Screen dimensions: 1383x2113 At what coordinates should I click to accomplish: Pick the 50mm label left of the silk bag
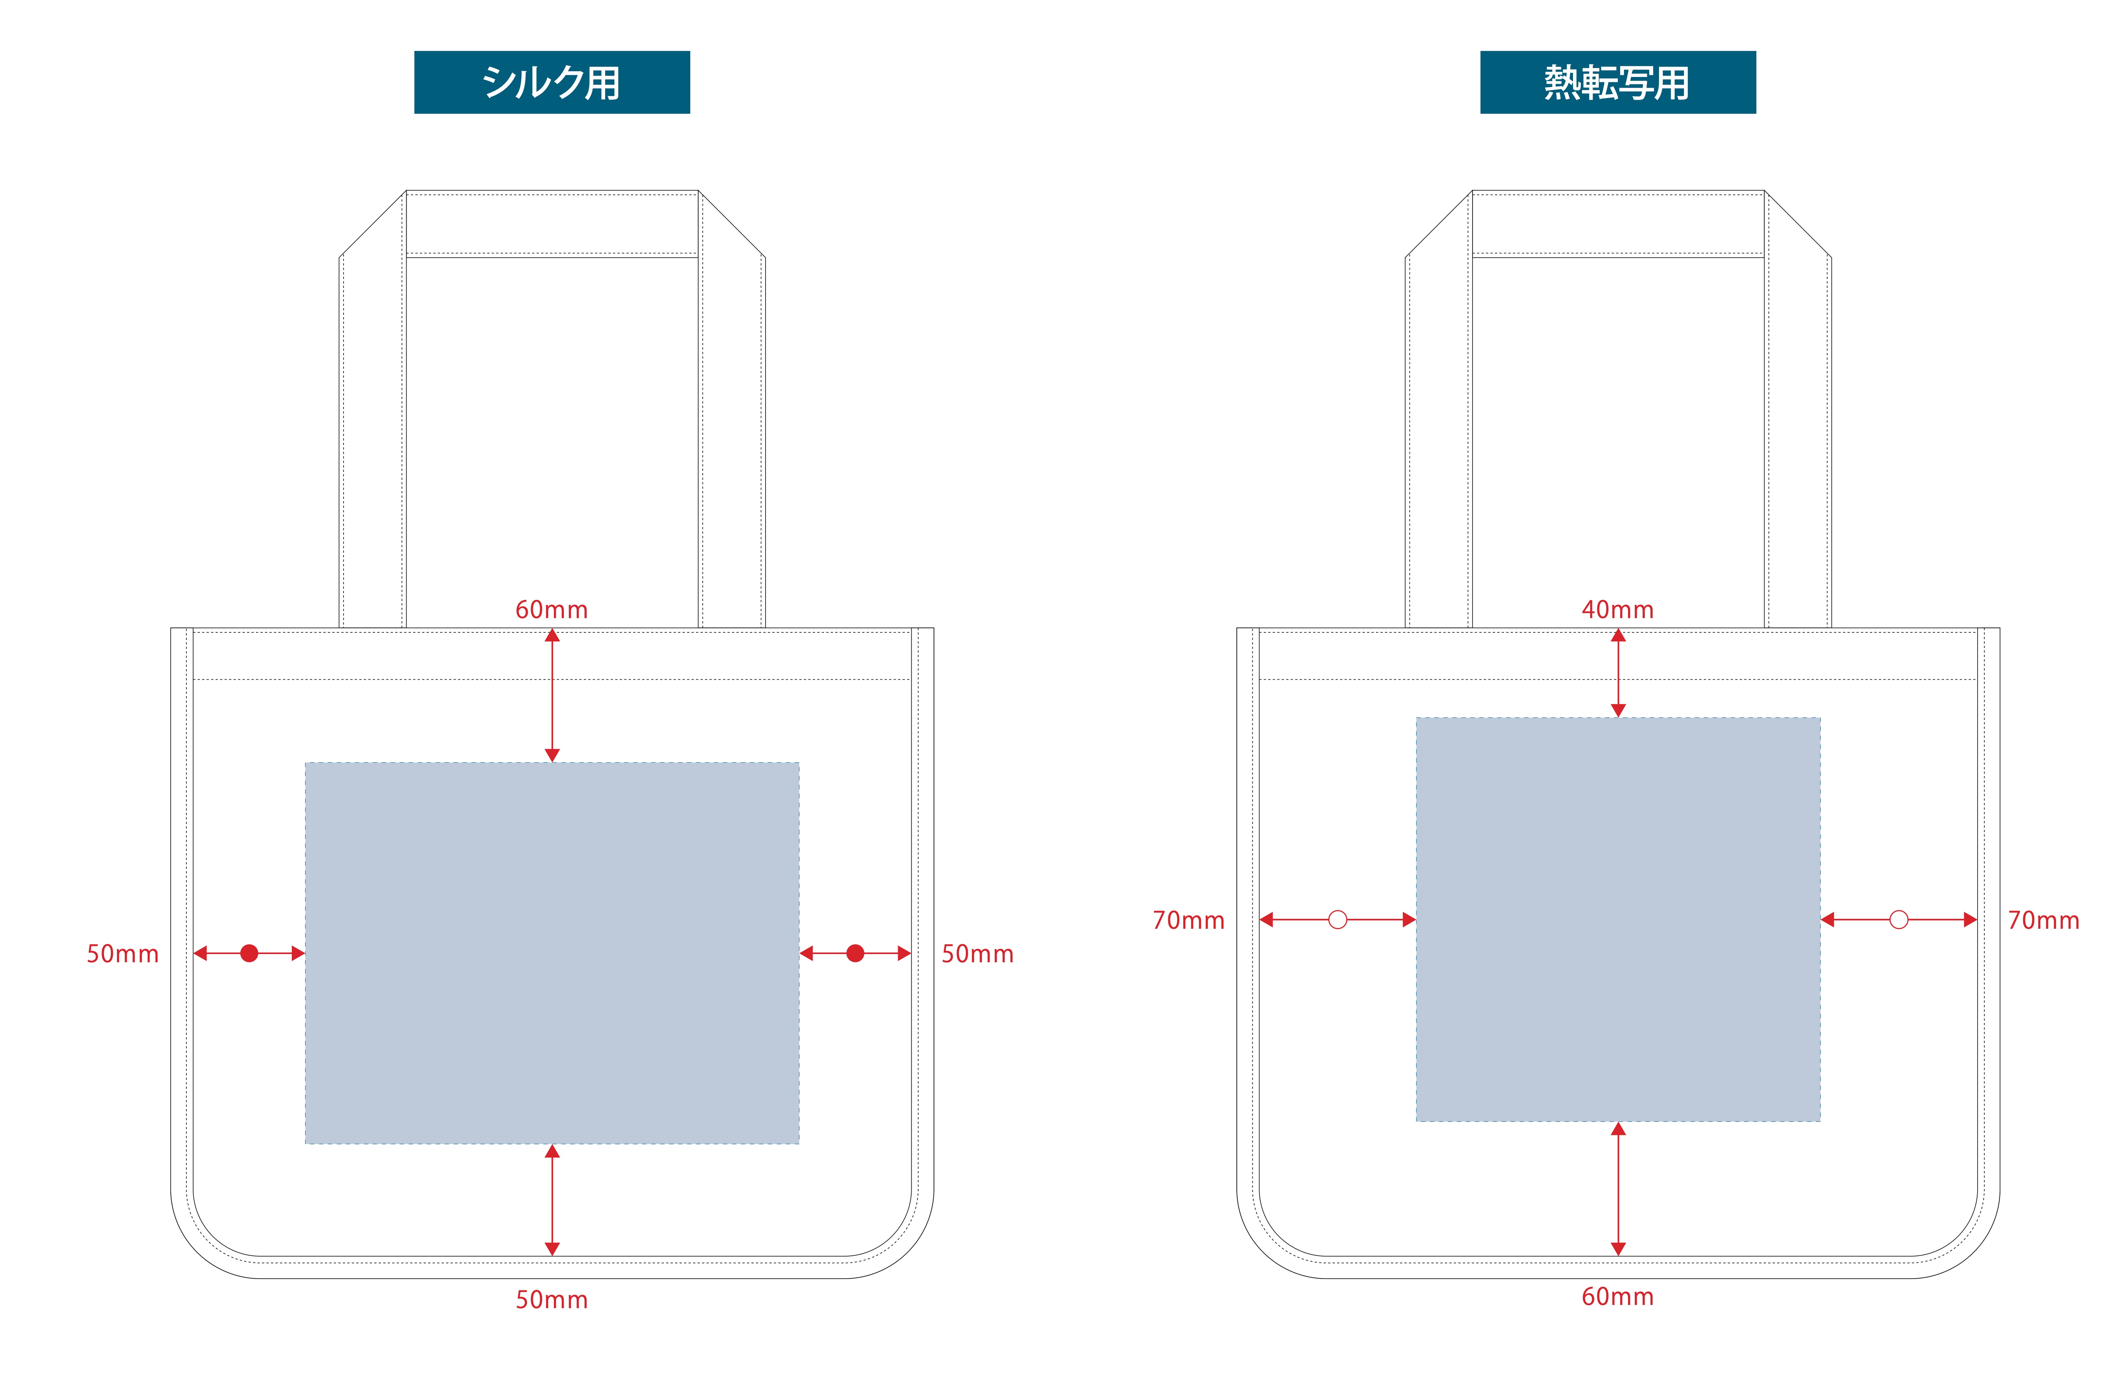(x=123, y=954)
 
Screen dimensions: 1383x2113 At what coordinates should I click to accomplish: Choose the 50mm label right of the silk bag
(x=978, y=954)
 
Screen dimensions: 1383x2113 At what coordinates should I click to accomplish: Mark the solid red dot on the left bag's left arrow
(x=249, y=953)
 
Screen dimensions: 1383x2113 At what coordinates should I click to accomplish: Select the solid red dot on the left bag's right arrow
(x=855, y=953)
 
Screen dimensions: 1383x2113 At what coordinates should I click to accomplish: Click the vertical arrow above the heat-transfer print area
(x=1618, y=673)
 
